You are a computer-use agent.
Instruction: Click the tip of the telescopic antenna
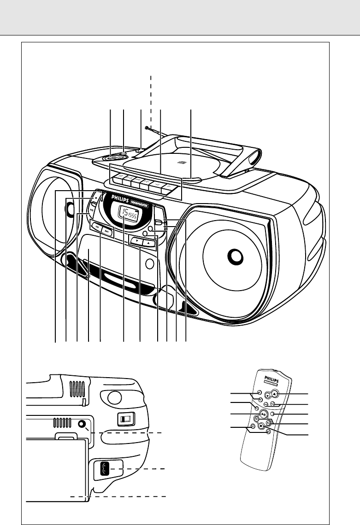tap(146, 128)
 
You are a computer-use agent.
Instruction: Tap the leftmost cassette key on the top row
tap(118, 177)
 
